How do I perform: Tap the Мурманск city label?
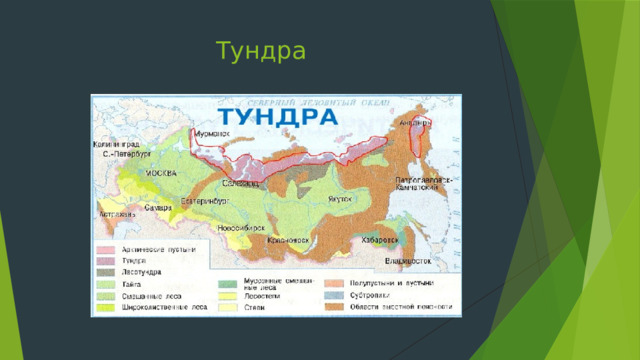pos(212,132)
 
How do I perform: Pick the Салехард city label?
pos(241,183)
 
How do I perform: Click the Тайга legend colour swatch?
pos(106,284)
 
